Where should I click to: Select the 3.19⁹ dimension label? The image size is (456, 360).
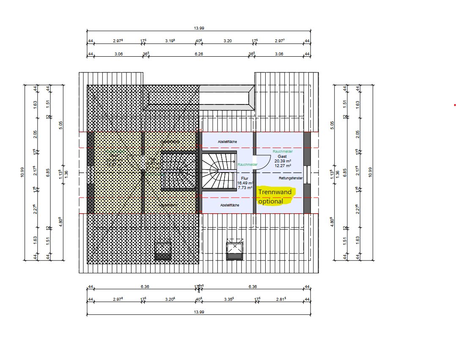pyautogui.click(x=170, y=41)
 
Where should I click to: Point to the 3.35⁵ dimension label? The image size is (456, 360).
pyautogui.click(x=228, y=299)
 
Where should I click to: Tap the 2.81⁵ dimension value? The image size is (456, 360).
pyautogui.click(x=280, y=299)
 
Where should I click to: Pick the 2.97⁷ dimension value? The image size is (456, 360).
pyautogui.click(x=280, y=41)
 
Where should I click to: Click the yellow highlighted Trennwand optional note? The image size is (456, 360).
pyautogui.click(x=275, y=196)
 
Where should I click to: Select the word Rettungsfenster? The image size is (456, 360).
pyautogui.click(x=291, y=178)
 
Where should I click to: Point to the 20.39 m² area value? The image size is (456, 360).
pyautogui.click(x=282, y=161)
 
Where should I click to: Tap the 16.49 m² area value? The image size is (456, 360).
pyautogui.click(x=245, y=183)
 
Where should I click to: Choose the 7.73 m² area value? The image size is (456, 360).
pyautogui.click(x=245, y=187)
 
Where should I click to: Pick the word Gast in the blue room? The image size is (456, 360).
pyautogui.click(x=282, y=157)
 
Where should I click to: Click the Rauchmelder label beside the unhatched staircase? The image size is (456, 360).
pyautogui.click(x=247, y=165)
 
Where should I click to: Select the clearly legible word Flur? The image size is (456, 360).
pyautogui.click(x=245, y=179)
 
